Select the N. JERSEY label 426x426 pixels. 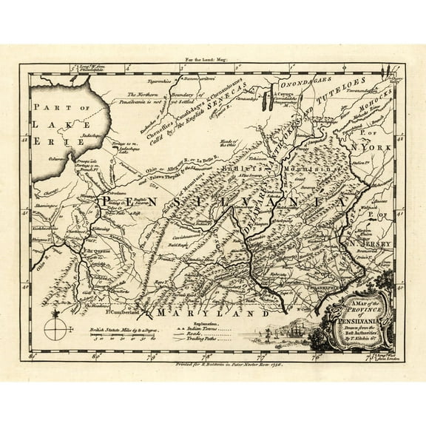click(362, 242)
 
